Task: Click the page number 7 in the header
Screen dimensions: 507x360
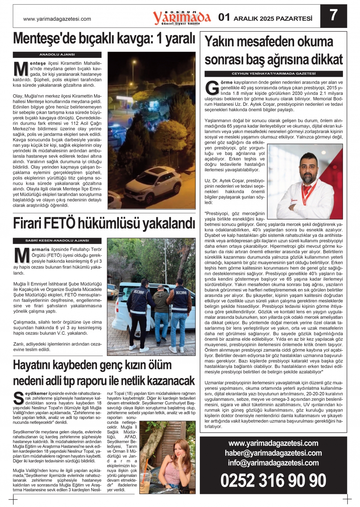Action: point(333,16)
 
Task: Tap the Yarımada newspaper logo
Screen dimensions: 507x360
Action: point(182,17)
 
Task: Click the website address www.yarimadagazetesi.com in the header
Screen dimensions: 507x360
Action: point(57,19)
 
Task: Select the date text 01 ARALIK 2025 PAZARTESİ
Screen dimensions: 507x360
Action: point(265,18)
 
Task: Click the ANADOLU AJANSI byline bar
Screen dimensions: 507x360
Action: point(57,55)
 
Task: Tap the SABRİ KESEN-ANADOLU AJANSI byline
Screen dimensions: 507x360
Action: point(57,240)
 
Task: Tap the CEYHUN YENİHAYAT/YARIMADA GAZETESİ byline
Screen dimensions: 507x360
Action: point(274,74)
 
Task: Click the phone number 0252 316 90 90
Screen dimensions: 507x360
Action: point(273,481)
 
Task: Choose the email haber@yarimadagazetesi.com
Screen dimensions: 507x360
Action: point(273,453)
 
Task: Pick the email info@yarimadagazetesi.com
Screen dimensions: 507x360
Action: point(273,463)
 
